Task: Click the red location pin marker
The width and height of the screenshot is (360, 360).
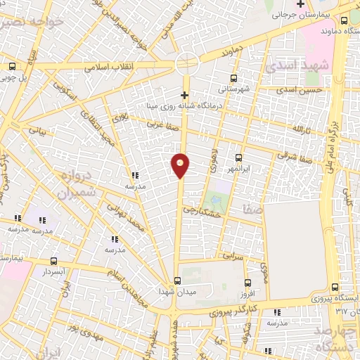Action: pyautogui.click(x=181, y=165)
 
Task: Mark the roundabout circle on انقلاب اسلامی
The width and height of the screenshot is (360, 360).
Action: pyautogui.click(x=187, y=63)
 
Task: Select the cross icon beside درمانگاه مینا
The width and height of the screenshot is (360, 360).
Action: pyautogui.click(x=185, y=94)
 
